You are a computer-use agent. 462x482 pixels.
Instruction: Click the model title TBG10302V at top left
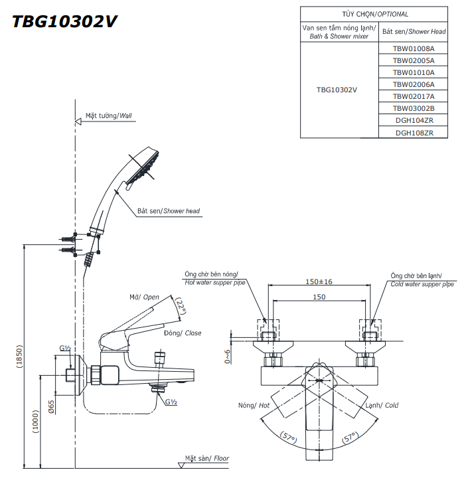[65, 21]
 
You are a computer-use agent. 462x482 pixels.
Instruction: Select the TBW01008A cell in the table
[413, 48]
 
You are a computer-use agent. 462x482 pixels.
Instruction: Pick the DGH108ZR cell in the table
[414, 132]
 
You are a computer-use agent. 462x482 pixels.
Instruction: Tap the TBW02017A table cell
[413, 96]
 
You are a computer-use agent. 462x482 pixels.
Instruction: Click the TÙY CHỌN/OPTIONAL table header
[375, 14]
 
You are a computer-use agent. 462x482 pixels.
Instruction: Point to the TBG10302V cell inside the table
[337, 90]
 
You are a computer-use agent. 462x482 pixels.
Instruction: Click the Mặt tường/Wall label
[109, 116]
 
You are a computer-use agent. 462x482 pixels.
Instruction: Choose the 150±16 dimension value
[319, 281]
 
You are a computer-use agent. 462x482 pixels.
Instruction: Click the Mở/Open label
[144, 297]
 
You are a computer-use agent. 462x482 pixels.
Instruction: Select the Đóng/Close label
[183, 333]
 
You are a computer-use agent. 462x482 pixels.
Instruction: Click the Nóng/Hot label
[254, 405]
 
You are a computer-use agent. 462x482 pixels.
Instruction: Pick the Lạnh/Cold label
[381, 405]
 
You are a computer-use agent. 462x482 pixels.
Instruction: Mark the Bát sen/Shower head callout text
[169, 210]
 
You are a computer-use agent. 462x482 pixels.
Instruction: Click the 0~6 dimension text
[228, 357]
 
